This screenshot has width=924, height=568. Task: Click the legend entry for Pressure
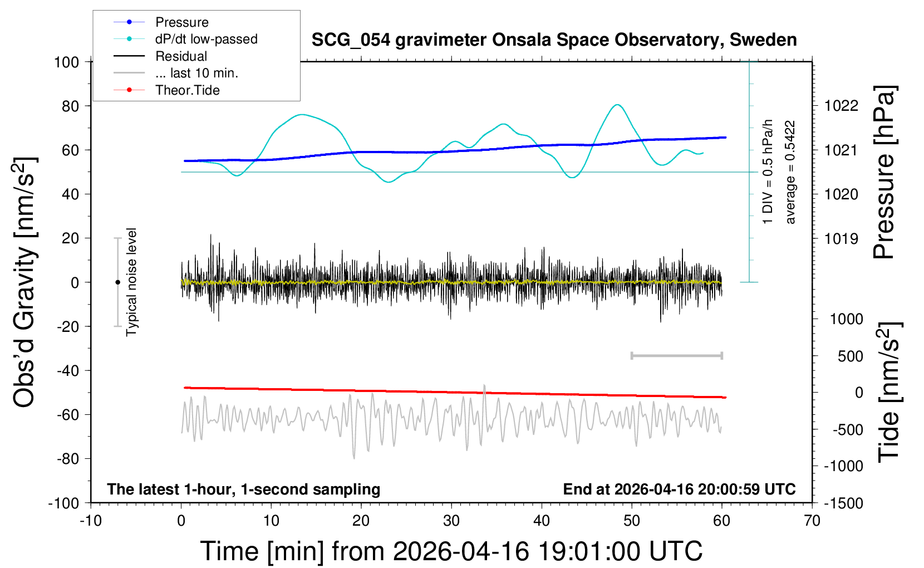pos(181,22)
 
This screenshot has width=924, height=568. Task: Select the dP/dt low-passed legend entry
pos(206,39)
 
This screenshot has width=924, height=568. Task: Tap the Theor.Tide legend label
pos(188,90)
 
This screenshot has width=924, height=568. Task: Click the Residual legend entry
pos(181,56)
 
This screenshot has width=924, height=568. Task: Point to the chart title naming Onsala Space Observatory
pos(554,40)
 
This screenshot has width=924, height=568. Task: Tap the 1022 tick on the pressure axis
pos(841,106)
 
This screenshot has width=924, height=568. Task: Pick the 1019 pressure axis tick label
pos(841,239)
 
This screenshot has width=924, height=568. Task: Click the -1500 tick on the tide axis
pos(843,503)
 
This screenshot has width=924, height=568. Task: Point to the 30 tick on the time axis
pos(451,521)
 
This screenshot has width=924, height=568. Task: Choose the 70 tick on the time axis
pos(812,521)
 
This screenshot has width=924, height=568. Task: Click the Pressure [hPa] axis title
pos(884,173)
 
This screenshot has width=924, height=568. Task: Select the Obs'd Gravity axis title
pos(25,282)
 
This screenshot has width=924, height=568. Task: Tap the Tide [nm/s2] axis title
pos(889,392)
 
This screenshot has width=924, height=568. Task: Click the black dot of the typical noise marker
pos(117,282)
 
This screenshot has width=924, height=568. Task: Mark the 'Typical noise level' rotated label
pos(131,282)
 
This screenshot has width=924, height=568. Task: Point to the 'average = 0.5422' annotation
pos(790,173)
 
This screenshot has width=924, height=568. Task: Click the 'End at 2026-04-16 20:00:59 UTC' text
pos(679,489)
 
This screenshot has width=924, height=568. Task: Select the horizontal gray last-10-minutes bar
pos(676,355)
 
